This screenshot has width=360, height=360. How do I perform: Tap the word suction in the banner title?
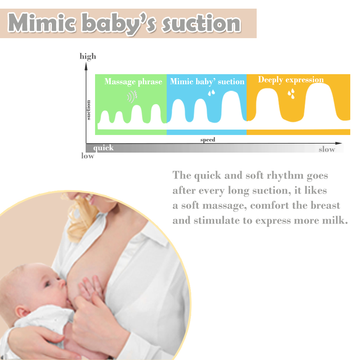[201, 23]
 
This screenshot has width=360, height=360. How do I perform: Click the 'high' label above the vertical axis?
[88, 57]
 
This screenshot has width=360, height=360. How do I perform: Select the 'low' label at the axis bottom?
[88, 156]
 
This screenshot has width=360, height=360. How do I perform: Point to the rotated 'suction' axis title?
[89, 110]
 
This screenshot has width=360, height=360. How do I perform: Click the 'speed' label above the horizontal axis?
[208, 140]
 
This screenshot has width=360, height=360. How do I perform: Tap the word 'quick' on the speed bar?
[103, 148]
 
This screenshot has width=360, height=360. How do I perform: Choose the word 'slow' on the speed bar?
[327, 149]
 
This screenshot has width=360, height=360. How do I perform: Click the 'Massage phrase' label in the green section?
[133, 82]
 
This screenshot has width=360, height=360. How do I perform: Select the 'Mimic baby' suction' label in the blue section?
[207, 82]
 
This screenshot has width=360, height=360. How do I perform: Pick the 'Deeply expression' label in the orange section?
[291, 80]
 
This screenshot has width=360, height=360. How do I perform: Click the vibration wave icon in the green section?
[132, 96]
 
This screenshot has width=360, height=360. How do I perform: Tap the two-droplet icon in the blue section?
[211, 93]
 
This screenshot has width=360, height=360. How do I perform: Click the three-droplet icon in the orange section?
[291, 94]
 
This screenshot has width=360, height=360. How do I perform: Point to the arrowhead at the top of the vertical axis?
[86, 66]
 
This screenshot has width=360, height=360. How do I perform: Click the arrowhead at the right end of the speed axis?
[338, 143]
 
